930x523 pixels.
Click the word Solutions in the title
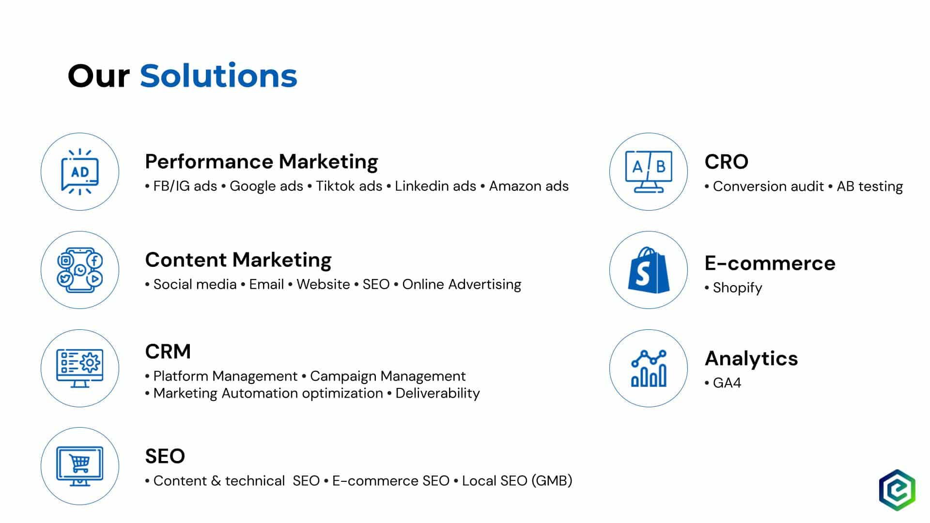(218, 76)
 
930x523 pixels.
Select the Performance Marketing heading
(262, 162)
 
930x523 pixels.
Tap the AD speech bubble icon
(80, 172)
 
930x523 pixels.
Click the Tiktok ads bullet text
(349, 186)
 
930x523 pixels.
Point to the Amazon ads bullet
(528, 186)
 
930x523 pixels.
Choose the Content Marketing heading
(238, 261)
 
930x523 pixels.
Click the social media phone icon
(80, 270)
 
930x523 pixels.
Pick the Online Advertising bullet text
(462, 285)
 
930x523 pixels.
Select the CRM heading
(168, 352)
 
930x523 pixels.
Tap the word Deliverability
(437, 393)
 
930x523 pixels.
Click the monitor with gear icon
(80, 369)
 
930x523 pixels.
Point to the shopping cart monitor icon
(80, 466)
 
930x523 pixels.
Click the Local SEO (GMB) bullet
(517, 481)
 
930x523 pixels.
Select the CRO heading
(727, 162)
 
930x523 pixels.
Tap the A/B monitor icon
(649, 172)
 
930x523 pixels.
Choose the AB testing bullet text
(869, 187)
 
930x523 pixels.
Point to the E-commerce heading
(770, 263)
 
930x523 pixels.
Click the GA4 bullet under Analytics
(727, 383)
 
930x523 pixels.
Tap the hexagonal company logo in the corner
(898, 490)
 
